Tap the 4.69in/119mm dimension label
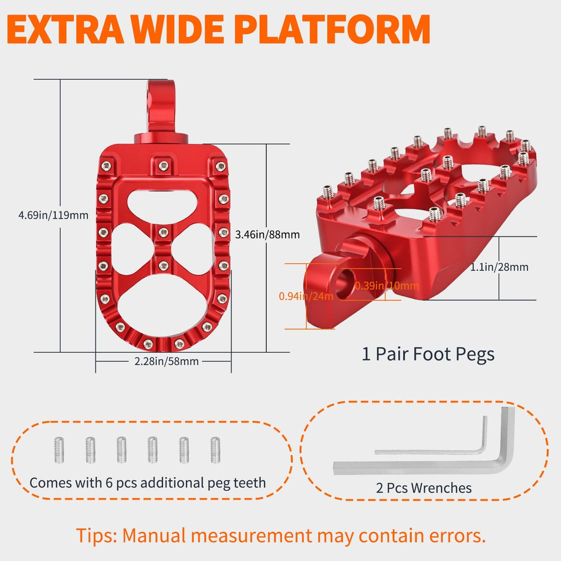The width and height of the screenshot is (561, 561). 53,215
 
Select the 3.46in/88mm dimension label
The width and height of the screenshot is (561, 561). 267,235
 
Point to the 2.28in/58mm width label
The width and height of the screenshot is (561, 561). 166,361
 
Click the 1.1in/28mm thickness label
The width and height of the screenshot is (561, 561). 499,267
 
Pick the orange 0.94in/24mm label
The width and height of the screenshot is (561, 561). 306,296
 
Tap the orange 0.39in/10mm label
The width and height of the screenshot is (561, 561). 387,286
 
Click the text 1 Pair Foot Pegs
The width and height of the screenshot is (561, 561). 428,354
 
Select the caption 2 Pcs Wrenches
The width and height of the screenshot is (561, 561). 424,488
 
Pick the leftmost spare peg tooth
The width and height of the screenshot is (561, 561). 59,450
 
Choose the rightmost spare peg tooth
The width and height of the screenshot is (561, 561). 215,450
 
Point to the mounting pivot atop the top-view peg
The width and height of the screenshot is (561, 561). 161,111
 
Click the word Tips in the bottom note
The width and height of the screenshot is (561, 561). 96,536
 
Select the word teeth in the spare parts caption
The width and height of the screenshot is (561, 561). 250,483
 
